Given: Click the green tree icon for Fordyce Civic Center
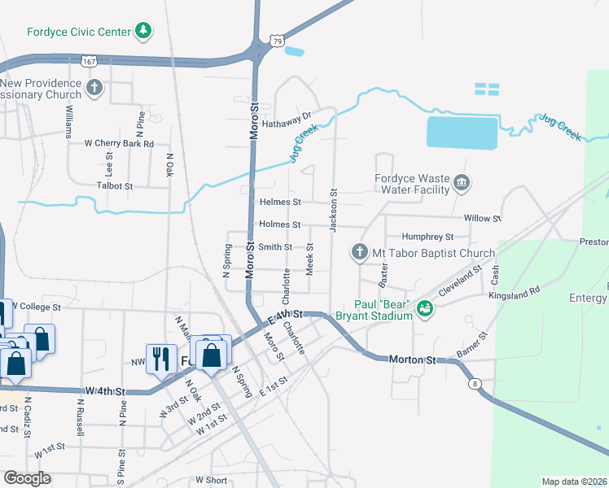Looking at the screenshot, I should (143, 31).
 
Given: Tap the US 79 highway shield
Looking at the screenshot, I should (277, 41).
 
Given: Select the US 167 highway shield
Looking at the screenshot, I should (89, 61).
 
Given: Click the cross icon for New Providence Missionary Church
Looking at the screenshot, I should (94, 88).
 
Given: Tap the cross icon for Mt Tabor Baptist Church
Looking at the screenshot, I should (359, 253).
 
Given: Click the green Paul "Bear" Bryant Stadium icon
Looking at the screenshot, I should (423, 308).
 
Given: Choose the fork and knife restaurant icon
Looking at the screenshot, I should (160, 358).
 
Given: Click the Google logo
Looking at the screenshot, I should (27, 478).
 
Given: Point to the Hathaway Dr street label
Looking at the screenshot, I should (287, 115).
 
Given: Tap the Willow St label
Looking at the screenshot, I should (481, 219).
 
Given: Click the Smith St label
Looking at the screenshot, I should (275, 246).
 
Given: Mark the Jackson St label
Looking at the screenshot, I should (333, 211).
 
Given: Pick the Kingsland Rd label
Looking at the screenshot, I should (514, 290).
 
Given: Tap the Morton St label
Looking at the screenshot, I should (413, 359).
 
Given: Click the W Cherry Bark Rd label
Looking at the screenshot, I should (119, 143).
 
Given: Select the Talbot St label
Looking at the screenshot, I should (115, 185).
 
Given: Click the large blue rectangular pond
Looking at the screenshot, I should (461, 133).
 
